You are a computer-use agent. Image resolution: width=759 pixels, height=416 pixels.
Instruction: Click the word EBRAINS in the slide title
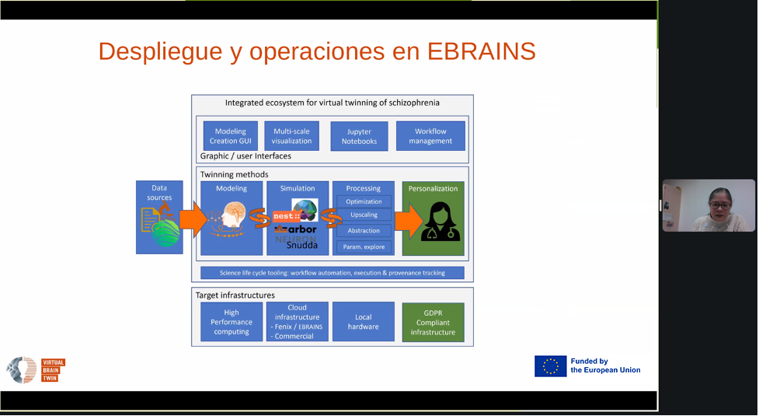pos(481,51)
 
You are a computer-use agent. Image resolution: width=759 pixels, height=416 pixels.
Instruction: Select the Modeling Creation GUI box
pos(231,136)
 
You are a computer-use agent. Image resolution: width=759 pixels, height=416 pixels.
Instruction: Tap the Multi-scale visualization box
pos(291,136)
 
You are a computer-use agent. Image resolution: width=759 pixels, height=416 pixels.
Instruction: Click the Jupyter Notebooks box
pos(359,137)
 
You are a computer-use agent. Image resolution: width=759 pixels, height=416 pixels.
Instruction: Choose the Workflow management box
pos(430,136)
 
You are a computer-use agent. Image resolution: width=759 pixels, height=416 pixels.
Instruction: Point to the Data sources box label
pos(159,192)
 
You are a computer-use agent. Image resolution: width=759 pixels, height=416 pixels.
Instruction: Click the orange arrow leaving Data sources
pos(192,220)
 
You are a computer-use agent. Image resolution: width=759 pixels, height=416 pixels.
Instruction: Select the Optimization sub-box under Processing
pos(364,201)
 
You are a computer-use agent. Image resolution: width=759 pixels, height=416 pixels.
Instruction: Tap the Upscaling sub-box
pos(364,215)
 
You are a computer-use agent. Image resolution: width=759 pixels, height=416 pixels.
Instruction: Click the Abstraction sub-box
pos(364,231)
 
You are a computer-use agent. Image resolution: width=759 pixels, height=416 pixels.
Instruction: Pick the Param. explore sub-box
pos(364,247)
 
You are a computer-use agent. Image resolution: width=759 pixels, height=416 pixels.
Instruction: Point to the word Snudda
pos(302,245)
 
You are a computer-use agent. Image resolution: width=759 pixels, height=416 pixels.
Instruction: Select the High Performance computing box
pos(232,322)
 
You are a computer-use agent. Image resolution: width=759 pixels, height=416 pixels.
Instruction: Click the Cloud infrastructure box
pos(297,322)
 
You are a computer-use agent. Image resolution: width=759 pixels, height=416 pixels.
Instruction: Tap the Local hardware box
pos(363,322)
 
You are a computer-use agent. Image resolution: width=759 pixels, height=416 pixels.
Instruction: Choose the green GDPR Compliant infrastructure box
pos(433,322)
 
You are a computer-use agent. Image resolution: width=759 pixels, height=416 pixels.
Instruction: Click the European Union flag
pos(550,366)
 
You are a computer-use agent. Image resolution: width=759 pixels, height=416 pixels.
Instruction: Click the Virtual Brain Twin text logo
pos(53,370)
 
